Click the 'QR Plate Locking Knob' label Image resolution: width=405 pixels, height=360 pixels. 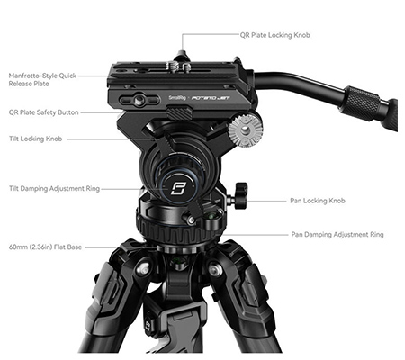(274, 35)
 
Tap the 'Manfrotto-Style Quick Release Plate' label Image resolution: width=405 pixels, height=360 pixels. (42, 79)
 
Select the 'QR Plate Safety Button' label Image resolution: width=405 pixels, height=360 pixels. (44, 112)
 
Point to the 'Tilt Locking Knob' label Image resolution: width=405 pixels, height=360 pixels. (36, 139)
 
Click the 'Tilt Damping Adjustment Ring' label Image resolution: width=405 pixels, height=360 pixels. (54, 189)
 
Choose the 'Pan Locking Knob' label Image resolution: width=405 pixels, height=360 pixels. (318, 201)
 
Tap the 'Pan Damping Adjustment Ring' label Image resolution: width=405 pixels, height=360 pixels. (337, 234)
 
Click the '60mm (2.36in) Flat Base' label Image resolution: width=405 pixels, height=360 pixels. (45, 247)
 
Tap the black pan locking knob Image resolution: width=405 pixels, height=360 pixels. (240, 195)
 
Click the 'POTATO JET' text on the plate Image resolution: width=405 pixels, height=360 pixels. (211, 98)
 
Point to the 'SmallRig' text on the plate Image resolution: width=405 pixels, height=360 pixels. (177, 98)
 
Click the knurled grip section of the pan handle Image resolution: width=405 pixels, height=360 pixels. (363, 101)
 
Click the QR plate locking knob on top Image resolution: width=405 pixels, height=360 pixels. (181, 57)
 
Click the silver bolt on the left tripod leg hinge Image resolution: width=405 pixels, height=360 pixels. (144, 269)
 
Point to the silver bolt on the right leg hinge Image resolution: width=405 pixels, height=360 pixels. (215, 269)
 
